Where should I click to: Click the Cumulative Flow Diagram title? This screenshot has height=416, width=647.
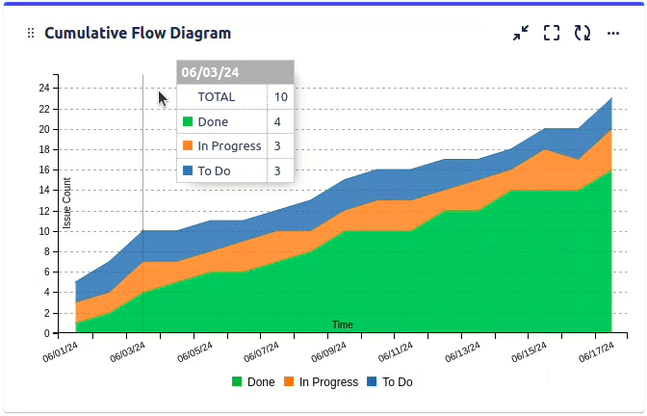click(138, 33)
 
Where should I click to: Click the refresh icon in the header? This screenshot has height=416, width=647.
click(582, 33)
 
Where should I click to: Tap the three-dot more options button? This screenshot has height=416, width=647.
click(613, 33)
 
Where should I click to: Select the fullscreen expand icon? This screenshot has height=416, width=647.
click(552, 33)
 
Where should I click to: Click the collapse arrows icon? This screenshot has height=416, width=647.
click(521, 33)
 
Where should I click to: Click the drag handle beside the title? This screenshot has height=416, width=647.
click(31, 33)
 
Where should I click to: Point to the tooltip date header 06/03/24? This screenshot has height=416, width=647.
click(211, 72)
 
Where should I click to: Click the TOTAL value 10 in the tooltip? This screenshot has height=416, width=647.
click(280, 96)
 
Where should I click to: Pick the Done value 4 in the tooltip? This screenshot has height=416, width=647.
click(277, 121)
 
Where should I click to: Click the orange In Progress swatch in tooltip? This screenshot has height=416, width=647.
click(188, 146)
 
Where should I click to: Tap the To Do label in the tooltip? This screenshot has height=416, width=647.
click(214, 170)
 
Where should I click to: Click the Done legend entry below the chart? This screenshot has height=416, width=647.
click(253, 381)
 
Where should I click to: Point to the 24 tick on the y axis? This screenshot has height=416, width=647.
click(43, 88)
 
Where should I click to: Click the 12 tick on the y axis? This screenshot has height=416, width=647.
click(43, 211)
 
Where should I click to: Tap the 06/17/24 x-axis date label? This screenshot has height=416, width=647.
click(597, 353)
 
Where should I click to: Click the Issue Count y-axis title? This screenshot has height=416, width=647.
click(67, 203)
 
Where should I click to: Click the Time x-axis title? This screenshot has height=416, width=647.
click(342, 325)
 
